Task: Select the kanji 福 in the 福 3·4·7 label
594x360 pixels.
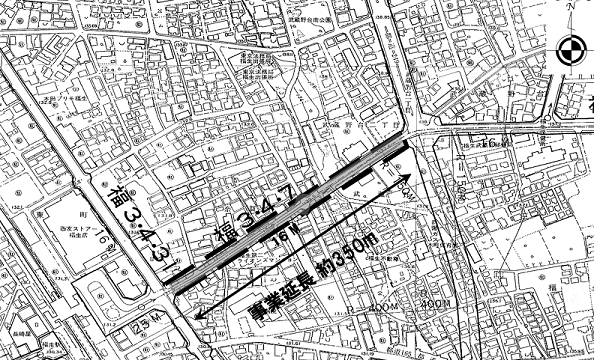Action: click(221, 238)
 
